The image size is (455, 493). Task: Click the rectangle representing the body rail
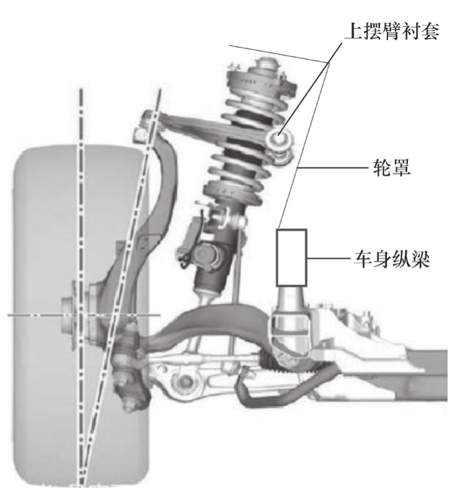click(291, 256)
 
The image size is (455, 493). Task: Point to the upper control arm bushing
click(278, 135)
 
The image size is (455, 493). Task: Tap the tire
click(43, 310)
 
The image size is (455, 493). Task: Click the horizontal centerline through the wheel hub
click(25, 315)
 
